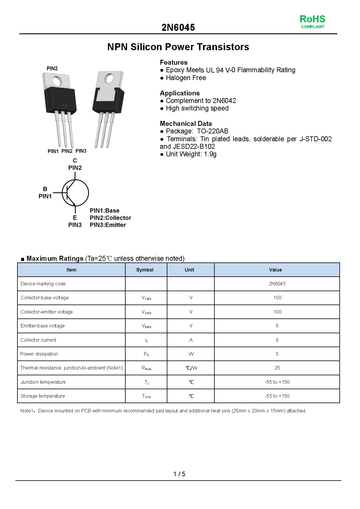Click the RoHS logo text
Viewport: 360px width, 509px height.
pos(312,19)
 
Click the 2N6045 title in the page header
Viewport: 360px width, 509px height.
pos(178,28)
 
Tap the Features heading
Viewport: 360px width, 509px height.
pos(173,62)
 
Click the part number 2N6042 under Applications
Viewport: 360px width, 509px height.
pos(224,101)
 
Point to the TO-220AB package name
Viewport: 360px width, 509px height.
pos(213,131)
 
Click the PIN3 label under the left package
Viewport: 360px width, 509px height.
pos(81,151)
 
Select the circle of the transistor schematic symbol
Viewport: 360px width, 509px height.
pos(75,193)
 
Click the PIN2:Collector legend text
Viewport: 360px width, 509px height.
pos(110,218)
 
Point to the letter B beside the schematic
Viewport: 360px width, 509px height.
pos(45,189)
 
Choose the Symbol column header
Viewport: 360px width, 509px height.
pos(145,270)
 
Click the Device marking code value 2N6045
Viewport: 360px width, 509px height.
pos(277,284)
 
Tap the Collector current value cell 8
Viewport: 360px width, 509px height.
pos(277,340)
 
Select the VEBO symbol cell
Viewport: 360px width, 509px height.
pos(146,326)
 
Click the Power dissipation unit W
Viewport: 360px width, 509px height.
pos(191,354)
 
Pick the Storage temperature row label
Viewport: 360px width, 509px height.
pos(43,396)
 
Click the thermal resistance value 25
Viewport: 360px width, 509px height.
pos(277,368)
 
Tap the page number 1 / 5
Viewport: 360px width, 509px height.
pos(179,474)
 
